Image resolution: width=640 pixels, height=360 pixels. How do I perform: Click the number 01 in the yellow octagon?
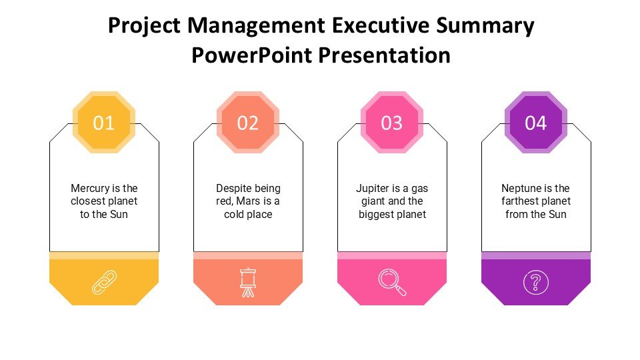[x=104, y=123]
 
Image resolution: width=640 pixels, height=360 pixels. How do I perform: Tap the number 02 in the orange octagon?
[x=248, y=123]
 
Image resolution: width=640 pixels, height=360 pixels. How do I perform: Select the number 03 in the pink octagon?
[x=392, y=123]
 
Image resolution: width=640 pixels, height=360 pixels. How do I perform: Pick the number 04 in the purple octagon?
[x=536, y=123]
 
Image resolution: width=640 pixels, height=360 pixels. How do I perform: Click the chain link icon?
[x=104, y=282]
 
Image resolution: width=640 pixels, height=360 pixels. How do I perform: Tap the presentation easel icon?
[x=248, y=282]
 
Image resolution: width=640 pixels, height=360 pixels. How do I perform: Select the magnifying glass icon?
[x=392, y=282]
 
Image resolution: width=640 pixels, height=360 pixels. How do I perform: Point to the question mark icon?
[x=536, y=282]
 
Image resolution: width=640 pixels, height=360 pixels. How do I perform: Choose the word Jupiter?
[x=373, y=189]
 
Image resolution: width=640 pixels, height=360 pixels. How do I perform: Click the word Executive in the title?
[x=381, y=25]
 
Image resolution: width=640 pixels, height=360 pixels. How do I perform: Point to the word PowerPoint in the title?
[x=252, y=55]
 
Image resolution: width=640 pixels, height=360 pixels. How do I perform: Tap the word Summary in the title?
[x=485, y=27]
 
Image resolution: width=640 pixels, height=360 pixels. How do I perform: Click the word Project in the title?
[x=144, y=26]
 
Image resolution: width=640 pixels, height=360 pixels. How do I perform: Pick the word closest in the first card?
[x=87, y=201]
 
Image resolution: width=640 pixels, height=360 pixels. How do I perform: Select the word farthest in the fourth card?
[x=519, y=201]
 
